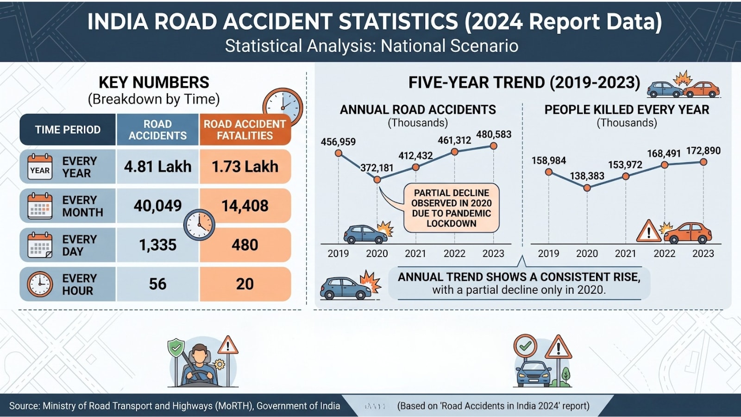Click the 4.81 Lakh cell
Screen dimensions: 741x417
[x=158, y=166]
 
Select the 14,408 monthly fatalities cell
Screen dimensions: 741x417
[x=245, y=206]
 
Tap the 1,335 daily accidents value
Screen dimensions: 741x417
[x=158, y=245]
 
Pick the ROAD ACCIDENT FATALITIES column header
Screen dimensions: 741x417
[x=245, y=130]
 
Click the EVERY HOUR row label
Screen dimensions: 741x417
[x=79, y=284]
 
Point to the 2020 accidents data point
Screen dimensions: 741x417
[x=377, y=180]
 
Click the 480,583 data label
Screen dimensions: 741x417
[x=494, y=134]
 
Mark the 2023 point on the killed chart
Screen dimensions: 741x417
[x=703, y=162]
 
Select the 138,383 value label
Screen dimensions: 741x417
[x=587, y=176]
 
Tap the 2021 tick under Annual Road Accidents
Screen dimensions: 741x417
[x=415, y=253]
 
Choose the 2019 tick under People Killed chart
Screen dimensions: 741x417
[x=548, y=253]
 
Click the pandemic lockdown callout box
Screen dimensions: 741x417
[x=451, y=208]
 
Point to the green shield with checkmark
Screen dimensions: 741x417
[x=176, y=347]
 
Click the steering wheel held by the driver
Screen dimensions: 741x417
[x=199, y=376]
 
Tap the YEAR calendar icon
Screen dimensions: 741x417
[x=40, y=167]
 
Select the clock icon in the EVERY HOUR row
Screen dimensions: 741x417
[x=40, y=284]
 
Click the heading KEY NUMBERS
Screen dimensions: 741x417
[x=154, y=82]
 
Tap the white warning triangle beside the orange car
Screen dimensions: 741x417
[x=649, y=231]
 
